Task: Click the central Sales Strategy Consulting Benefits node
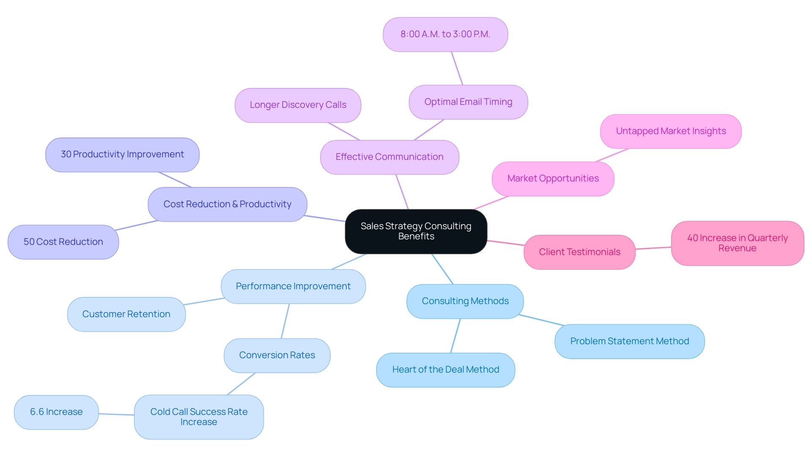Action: coord(416,231)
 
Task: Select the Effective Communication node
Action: coord(390,157)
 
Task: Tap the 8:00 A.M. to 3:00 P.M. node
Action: coord(445,34)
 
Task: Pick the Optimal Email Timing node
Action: coord(468,102)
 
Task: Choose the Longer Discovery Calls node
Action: coord(298,105)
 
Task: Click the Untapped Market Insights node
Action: coord(671,131)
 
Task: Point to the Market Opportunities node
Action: coord(553,178)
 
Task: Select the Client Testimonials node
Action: coord(579,252)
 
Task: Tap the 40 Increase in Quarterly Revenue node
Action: coord(737,243)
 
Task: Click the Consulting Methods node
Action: coord(465,301)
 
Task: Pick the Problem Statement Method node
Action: coord(629,341)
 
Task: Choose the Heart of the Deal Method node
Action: coord(445,370)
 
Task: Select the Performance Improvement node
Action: coord(293,286)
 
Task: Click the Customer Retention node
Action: coord(126,314)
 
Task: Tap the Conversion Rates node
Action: coord(277,355)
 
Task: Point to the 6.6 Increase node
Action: coord(56,412)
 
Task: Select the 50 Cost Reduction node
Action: coord(63,242)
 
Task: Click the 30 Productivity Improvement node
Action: coord(122,154)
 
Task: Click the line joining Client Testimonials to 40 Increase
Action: coord(653,248)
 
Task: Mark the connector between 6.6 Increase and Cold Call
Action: coord(116,414)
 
